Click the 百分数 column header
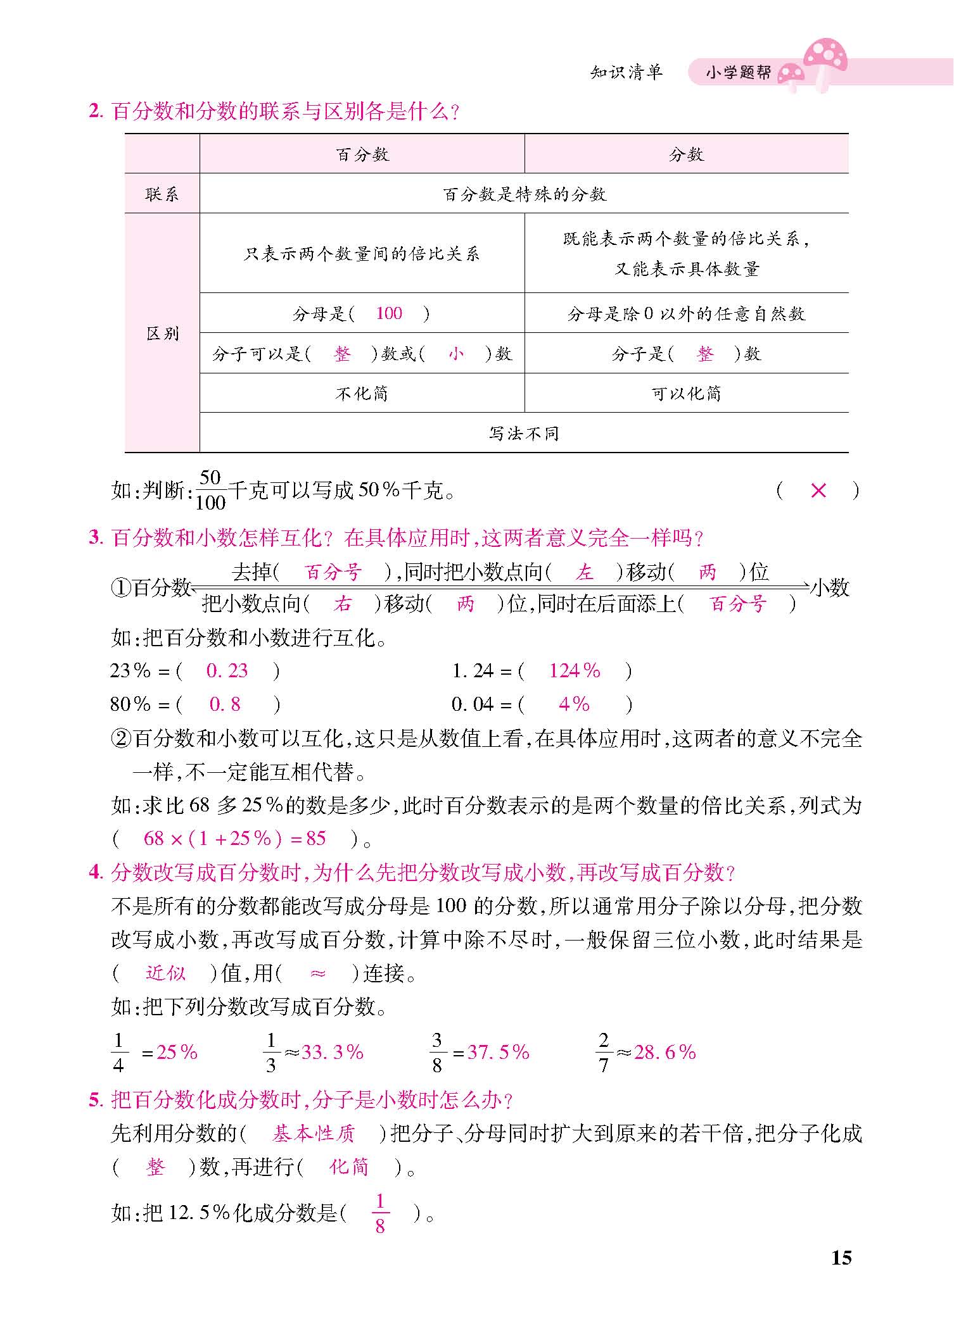[x=362, y=154]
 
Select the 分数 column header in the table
[x=686, y=154]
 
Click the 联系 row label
[x=162, y=194]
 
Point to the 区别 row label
[x=162, y=333]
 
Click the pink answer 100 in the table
[x=388, y=313]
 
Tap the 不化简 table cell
[x=362, y=393]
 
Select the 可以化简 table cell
[x=686, y=393]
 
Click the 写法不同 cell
[x=524, y=433]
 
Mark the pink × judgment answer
[x=818, y=491]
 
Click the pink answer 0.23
[x=227, y=671]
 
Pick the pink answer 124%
[x=574, y=671]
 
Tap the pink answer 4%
[x=574, y=704]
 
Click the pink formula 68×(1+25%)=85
[x=234, y=839]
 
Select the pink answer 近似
[x=165, y=973]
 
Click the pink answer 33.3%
[x=332, y=1053]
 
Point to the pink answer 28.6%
[x=665, y=1053]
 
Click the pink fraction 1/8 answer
[x=379, y=1213]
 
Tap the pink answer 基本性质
[x=313, y=1134]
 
